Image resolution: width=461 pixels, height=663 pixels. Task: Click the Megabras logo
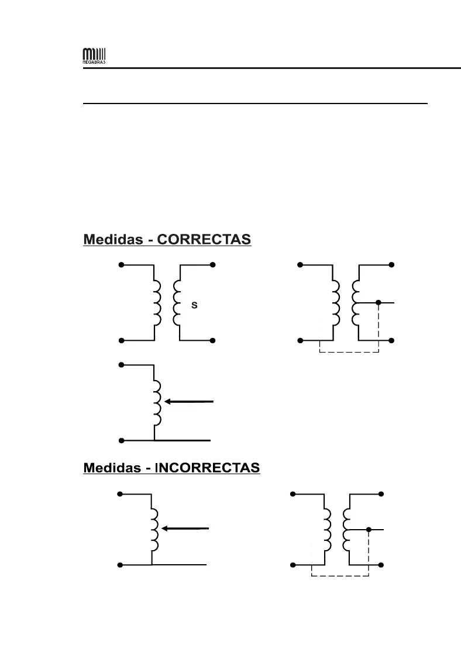click(94, 58)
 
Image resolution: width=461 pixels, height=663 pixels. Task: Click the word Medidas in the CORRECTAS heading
click(114, 240)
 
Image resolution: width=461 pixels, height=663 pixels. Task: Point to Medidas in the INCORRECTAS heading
click(114, 468)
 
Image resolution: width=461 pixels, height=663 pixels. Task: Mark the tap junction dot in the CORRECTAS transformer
click(379, 302)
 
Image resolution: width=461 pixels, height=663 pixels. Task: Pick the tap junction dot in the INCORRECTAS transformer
click(369, 530)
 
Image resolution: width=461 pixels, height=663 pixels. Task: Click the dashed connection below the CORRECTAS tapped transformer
click(349, 353)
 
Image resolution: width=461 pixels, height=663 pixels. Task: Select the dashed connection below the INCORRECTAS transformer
click(340, 577)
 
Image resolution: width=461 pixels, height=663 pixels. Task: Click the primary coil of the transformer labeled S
click(157, 303)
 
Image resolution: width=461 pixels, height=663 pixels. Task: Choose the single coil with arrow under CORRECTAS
click(157, 402)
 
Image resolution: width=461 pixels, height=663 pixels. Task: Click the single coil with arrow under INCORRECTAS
click(154, 529)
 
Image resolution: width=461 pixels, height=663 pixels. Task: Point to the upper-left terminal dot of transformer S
click(121, 265)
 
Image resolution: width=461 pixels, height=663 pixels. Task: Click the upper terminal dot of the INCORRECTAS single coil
click(120, 494)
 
